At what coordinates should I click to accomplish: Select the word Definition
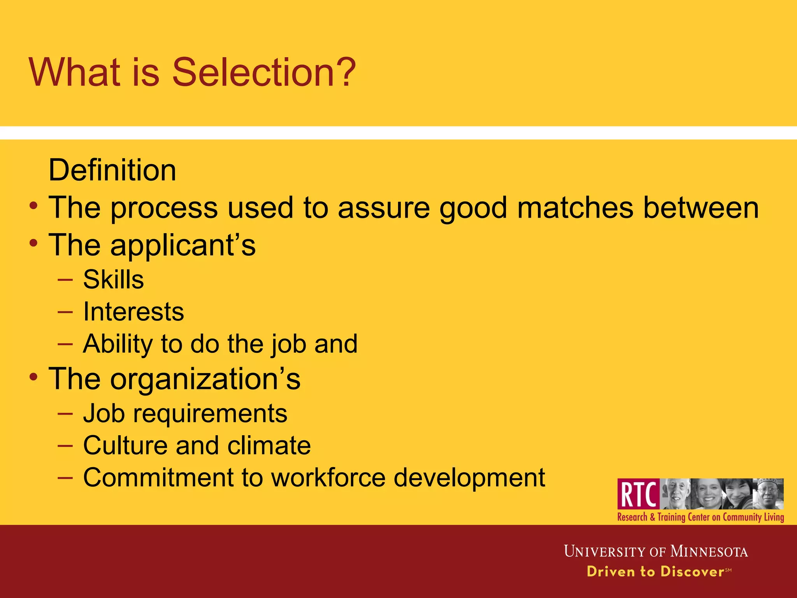tap(112, 170)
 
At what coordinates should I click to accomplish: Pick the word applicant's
tap(183, 246)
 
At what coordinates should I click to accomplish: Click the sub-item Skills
tap(113, 280)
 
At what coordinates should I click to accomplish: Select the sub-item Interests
tap(133, 312)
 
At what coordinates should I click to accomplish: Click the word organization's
tap(205, 379)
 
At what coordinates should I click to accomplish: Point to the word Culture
tap(125, 445)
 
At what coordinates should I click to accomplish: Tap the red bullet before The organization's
tap(34, 376)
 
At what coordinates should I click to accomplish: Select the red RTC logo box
tap(638, 494)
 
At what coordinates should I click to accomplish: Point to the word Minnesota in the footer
tap(709, 552)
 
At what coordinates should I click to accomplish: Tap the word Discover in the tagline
tap(692, 572)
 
